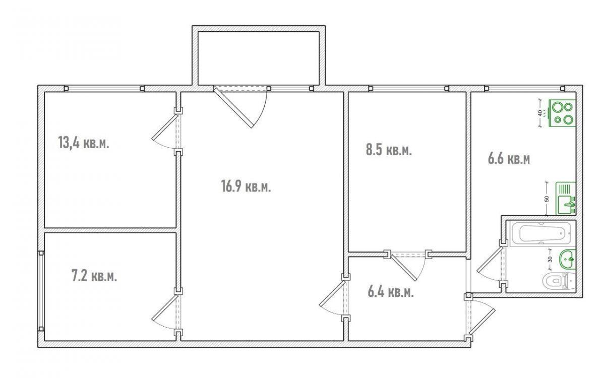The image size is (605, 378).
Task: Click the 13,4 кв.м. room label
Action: click(x=84, y=143)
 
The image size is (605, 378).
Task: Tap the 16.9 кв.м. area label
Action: click(x=246, y=186)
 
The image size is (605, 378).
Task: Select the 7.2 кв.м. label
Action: click(x=94, y=276)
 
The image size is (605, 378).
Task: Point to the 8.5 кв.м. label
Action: click(x=389, y=150)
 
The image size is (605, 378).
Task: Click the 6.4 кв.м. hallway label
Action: click(x=391, y=292)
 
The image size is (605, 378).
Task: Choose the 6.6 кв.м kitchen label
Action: click(x=509, y=159)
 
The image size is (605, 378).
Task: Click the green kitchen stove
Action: click(x=562, y=113)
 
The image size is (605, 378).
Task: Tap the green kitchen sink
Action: click(x=566, y=199)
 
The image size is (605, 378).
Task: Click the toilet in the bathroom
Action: click(x=559, y=281)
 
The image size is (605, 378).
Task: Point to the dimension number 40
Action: click(x=539, y=113)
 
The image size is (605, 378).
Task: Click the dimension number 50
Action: click(x=547, y=199)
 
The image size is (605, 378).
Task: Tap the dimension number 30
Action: click(x=550, y=260)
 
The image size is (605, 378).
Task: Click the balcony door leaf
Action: click(x=233, y=107)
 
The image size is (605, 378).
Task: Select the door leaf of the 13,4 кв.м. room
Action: click(x=164, y=127)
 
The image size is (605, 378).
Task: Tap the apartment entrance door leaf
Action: click(x=482, y=324)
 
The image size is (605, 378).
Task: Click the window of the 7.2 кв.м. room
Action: click(x=41, y=291)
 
